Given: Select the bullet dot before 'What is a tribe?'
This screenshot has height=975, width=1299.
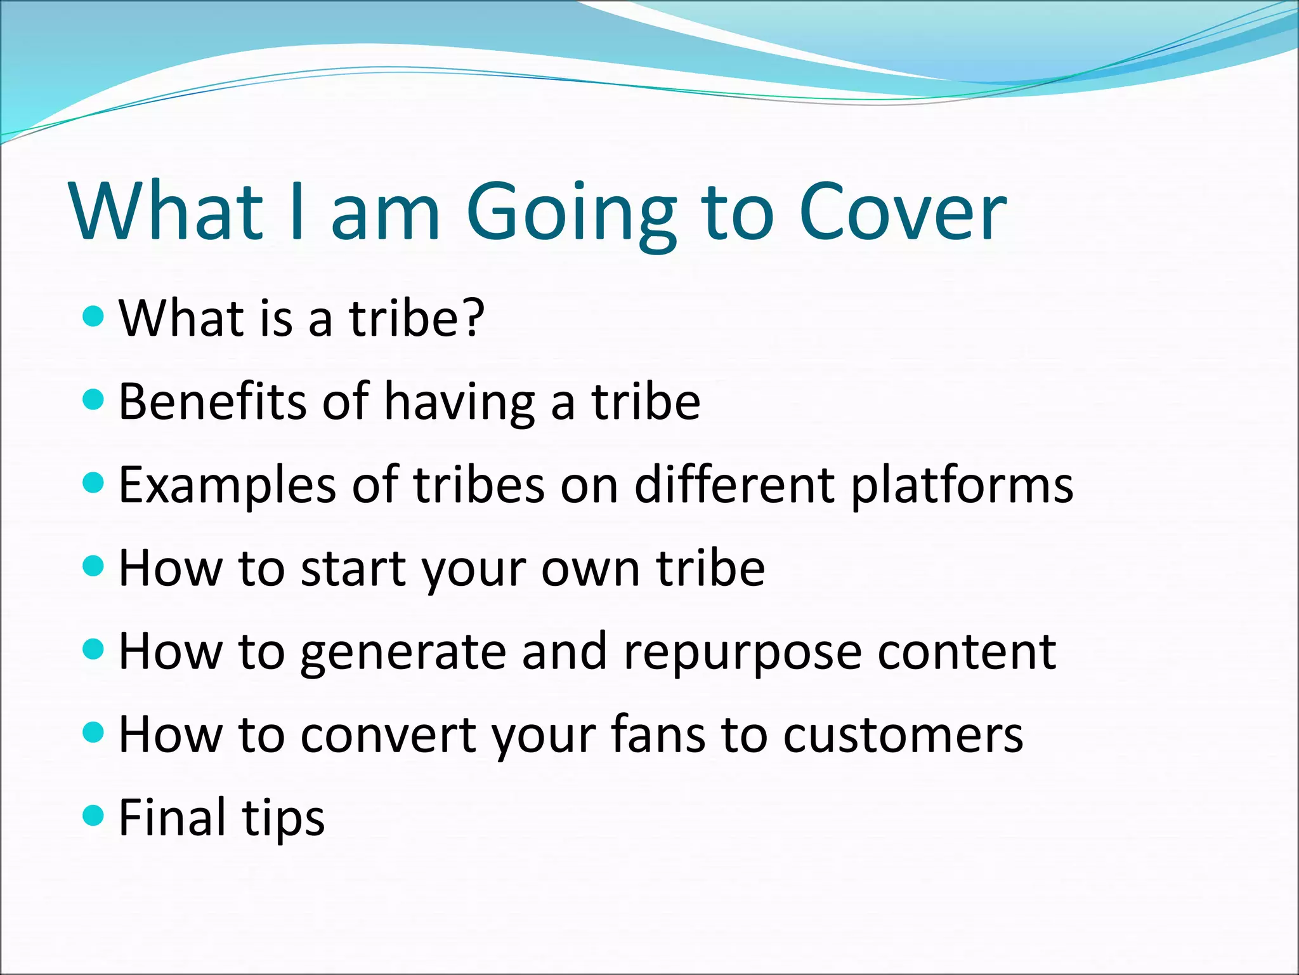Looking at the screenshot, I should [x=93, y=315].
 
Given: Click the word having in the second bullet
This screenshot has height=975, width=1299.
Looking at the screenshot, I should [x=459, y=404].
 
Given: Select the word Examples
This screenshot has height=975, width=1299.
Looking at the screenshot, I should [x=226, y=486].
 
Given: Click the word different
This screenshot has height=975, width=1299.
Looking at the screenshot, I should [x=734, y=484].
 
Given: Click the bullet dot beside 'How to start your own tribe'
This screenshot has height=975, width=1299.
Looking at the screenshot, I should [x=93, y=565].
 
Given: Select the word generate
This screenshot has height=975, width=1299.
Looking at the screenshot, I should [x=403, y=654].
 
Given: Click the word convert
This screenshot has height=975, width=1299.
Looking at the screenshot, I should [x=388, y=735].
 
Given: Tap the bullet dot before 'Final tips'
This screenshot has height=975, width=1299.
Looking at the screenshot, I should [x=93, y=815].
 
